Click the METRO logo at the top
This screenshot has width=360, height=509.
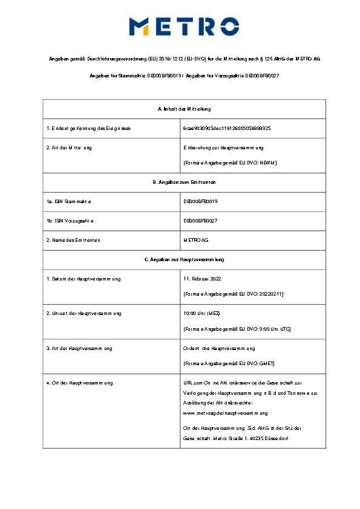tap(184, 26)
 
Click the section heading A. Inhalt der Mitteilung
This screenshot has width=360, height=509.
tap(184, 109)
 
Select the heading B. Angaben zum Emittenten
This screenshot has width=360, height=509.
tap(184, 182)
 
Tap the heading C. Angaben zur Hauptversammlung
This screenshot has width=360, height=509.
tap(184, 259)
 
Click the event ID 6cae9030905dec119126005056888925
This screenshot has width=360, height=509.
tap(227, 129)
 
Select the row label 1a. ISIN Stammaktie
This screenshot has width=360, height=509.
tap(69, 201)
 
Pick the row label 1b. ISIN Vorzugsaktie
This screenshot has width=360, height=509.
tap(70, 221)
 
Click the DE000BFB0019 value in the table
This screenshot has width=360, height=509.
tap(200, 201)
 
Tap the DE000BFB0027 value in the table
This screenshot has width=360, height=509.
tap(200, 221)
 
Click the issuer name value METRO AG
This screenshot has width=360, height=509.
tap(197, 240)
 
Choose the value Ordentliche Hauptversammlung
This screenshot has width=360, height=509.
tap(219, 348)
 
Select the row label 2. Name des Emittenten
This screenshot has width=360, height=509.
tap(73, 240)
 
